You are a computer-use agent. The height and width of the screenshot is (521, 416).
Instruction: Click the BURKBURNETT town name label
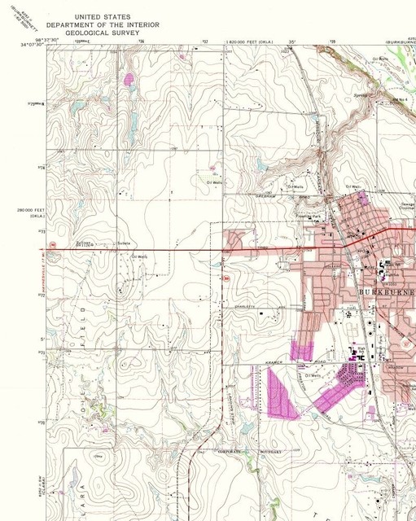coord(388,291)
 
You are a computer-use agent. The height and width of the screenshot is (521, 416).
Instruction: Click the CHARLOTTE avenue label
coord(257,305)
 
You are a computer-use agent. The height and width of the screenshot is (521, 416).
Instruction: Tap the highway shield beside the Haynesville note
coord(50,244)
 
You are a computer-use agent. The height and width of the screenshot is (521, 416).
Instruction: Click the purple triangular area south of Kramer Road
coord(279,394)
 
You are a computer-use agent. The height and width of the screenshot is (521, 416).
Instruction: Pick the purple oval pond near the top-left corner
coord(128,79)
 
